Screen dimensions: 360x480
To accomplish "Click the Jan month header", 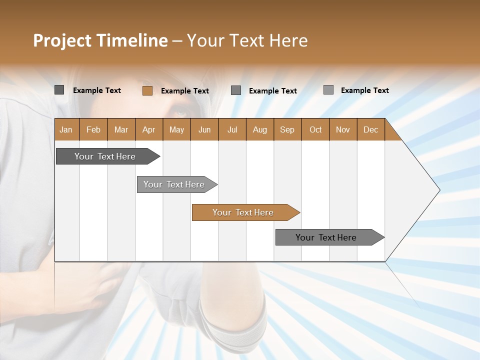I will click(x=66, y=129).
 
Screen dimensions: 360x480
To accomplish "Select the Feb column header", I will click(x=93, y=129).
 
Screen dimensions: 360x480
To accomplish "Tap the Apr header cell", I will click(x=148, y=129).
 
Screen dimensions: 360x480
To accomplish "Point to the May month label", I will click(x=176, y=129).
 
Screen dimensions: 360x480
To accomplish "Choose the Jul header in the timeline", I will click(x=232, y=129).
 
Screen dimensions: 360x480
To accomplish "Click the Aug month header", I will click(x=259, y=129).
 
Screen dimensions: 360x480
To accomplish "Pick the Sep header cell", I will click(x=287, y=129).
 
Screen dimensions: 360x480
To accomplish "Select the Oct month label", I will click(x=315, y=129).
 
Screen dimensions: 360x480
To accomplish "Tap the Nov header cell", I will click(x=342, y=129).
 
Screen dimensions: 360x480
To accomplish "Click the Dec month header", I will click(x=370, y=129).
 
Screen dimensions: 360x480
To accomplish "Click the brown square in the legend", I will click(x=147, y=90).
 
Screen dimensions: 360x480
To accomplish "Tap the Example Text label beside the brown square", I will click(x=185, y=91).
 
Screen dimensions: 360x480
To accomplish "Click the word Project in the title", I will click(x=62, y=40).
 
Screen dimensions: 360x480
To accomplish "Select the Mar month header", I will click(x=121, y=129).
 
